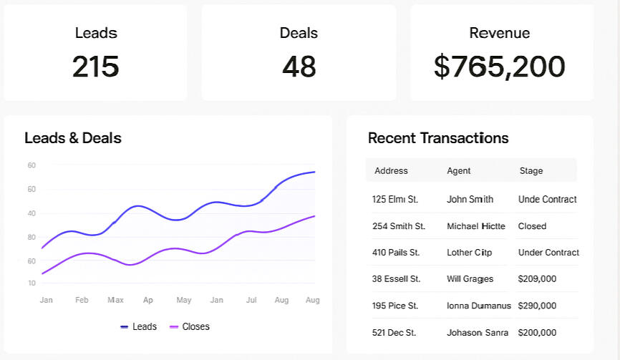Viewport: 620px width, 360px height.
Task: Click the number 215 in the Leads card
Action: coord(95,67)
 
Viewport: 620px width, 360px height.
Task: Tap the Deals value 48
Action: coord(299,67)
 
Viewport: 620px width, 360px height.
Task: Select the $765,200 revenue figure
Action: coord(499,67)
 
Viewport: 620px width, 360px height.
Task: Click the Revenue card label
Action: coord(499,33)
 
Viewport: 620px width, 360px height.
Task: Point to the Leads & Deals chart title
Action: coord(72,138)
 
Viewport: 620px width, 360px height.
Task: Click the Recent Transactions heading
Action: coord(437,138)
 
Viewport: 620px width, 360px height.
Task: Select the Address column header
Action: coord(391,171)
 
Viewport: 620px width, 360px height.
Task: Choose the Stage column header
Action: coord(531,171)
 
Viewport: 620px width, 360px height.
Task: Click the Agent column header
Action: coord(458,171)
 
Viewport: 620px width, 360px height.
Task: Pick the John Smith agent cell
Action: coord(470,200)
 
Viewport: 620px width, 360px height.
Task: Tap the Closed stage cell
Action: coord(532,226)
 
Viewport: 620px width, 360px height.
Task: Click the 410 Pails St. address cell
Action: coord(396,253)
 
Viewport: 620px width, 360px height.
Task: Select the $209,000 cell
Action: coord(537,279)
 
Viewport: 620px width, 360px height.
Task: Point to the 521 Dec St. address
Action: coord(394,333)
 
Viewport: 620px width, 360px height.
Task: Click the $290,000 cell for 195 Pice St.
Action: coord(537,306)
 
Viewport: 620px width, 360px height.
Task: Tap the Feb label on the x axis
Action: coord(82,300)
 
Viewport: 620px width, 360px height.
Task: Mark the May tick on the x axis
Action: coord(183,300)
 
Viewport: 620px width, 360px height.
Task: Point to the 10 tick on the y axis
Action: coord(32,283)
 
